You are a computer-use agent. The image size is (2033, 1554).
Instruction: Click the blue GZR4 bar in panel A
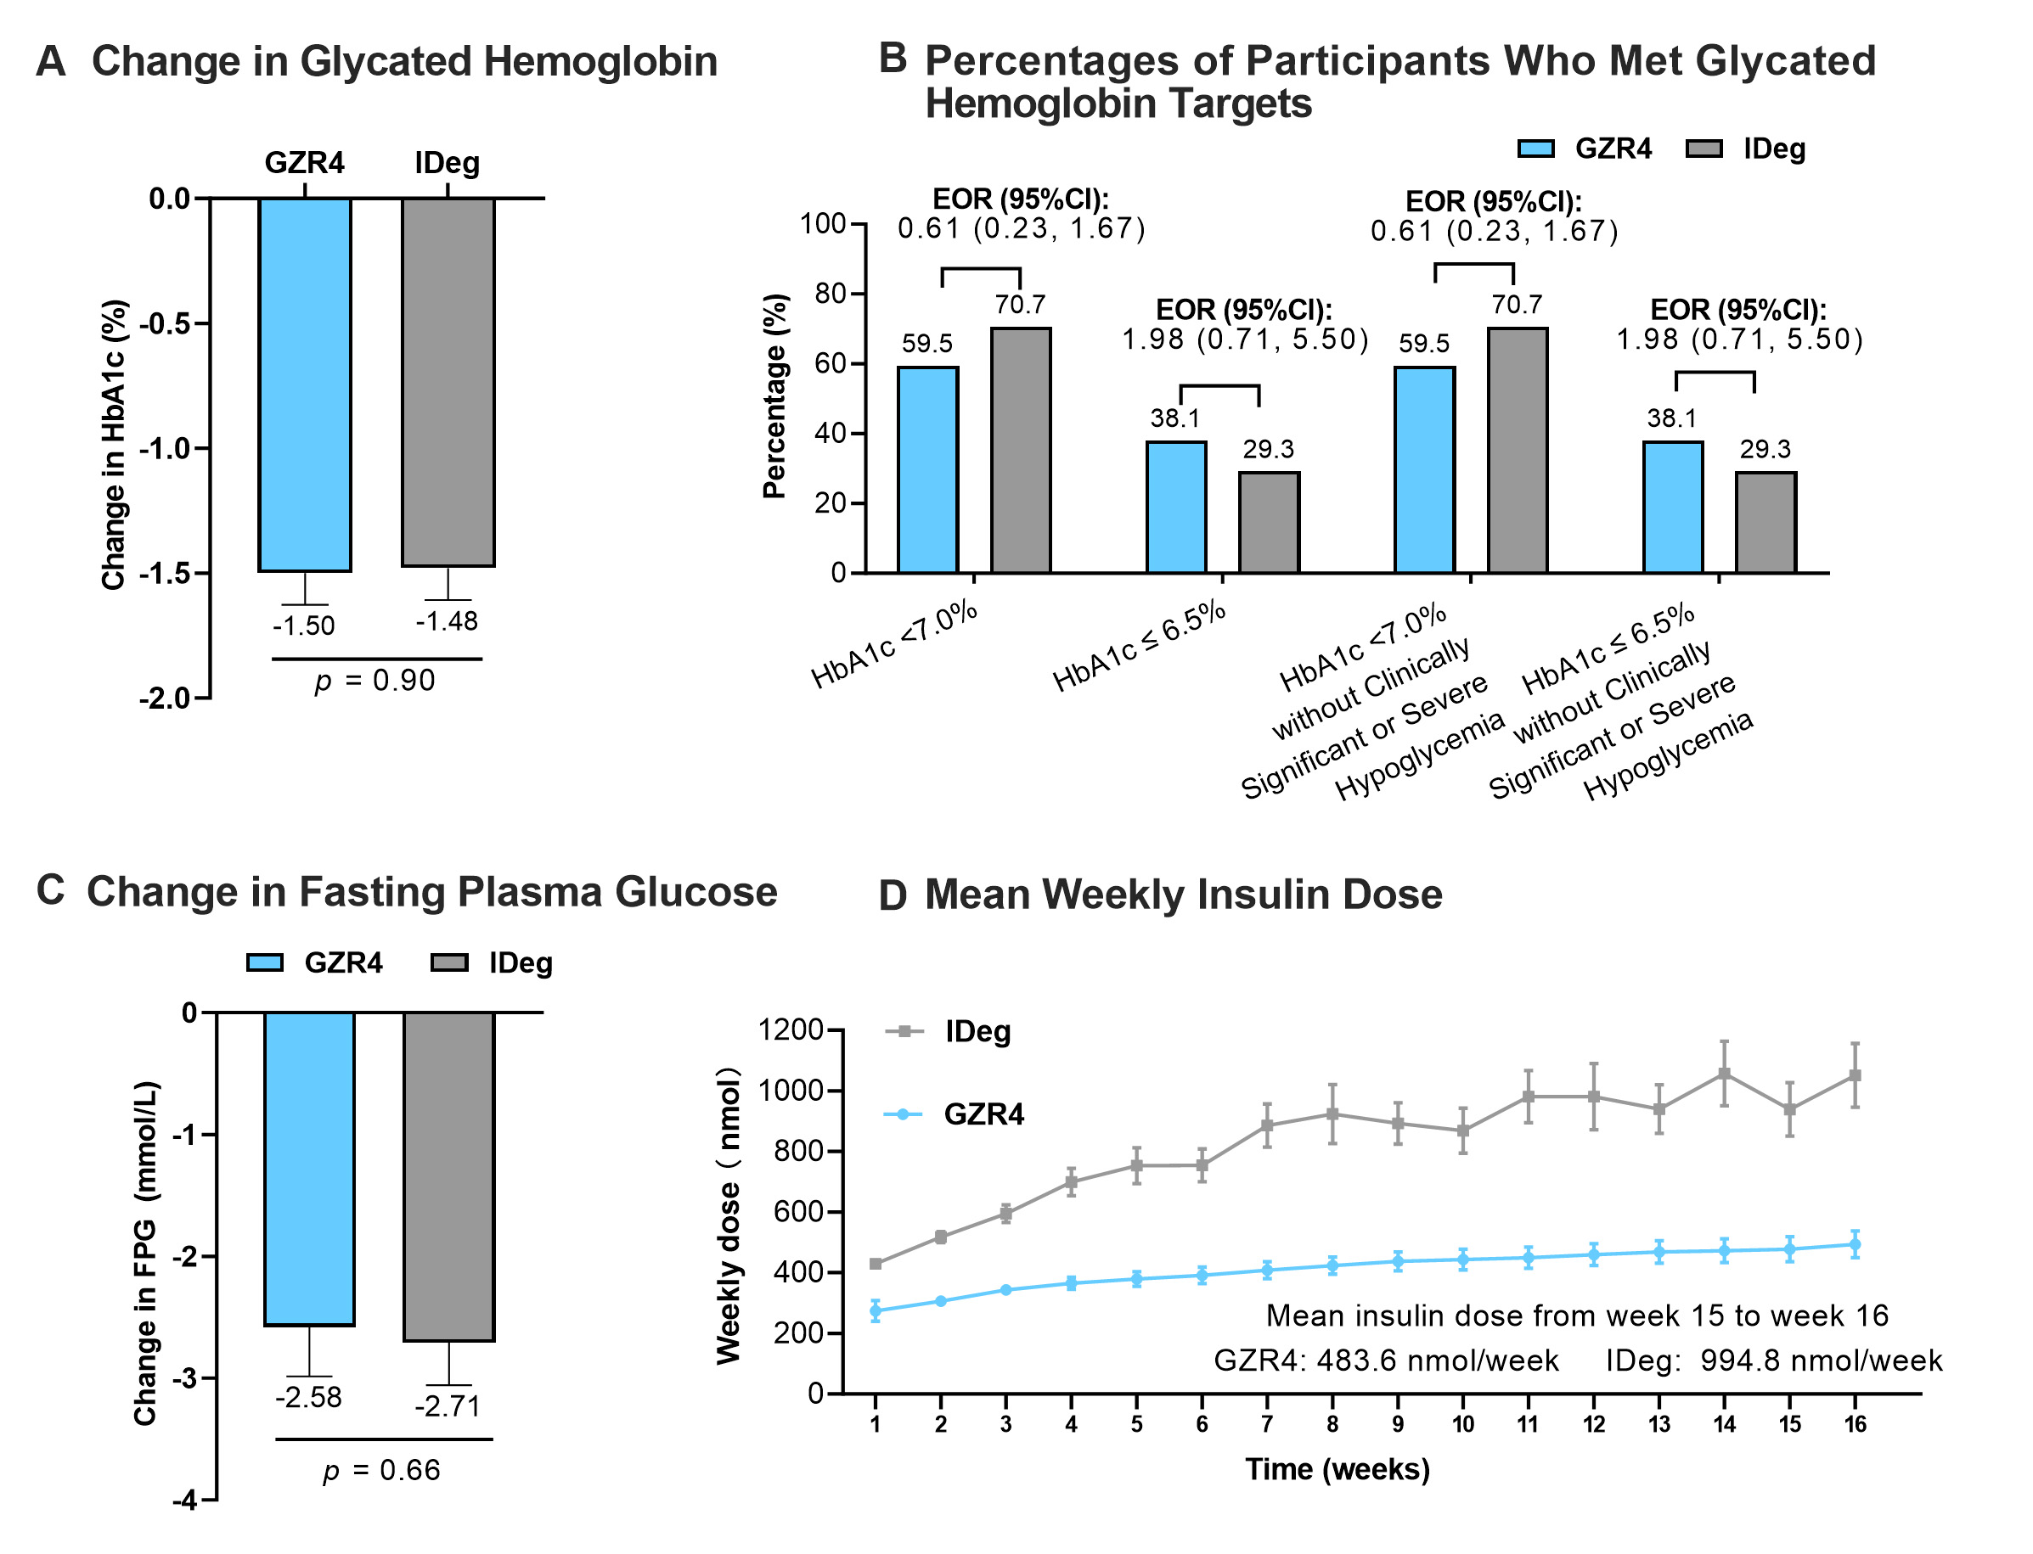tap(305, 384)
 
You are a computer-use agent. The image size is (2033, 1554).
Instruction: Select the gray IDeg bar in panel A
tap(448, 381)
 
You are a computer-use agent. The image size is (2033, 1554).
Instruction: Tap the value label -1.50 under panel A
tap(303, 626)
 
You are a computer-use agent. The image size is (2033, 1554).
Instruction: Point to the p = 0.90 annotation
tap(374, 681)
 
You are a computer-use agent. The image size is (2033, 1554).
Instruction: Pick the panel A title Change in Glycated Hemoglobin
tap(404, 62)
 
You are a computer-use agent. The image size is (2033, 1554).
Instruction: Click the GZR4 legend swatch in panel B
tap(1536, 149)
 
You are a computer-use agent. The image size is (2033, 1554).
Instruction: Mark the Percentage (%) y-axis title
tap(775, 396)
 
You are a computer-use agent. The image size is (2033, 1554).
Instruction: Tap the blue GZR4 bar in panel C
tap(309, 1169)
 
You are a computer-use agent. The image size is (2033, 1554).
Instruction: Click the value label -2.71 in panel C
tap(448, 1407)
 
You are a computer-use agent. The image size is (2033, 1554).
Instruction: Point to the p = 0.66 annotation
tap(382, 1471)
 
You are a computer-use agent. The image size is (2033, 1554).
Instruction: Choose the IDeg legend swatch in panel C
tap(450, 963)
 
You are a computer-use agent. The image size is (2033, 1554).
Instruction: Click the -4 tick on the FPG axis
tap(185, 1500)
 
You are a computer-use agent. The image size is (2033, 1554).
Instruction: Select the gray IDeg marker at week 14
tap(1724, 1073)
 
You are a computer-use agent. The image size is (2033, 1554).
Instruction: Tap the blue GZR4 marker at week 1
tap(876, 1310)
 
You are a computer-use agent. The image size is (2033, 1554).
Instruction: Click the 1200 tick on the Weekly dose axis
tap(791, 1030)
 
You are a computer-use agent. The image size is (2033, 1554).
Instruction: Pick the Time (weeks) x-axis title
tap(1337, 1469)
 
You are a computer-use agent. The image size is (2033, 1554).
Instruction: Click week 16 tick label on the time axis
tap(1856, 1424)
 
